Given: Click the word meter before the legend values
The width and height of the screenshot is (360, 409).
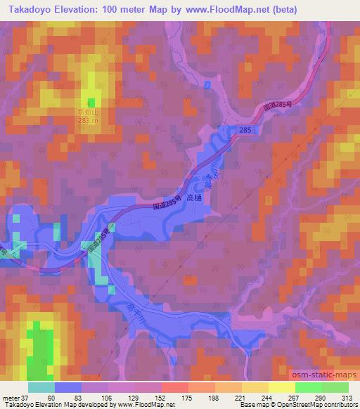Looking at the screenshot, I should [x=11, y=397].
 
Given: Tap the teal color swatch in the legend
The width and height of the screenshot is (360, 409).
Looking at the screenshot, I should [x=41, y=387].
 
